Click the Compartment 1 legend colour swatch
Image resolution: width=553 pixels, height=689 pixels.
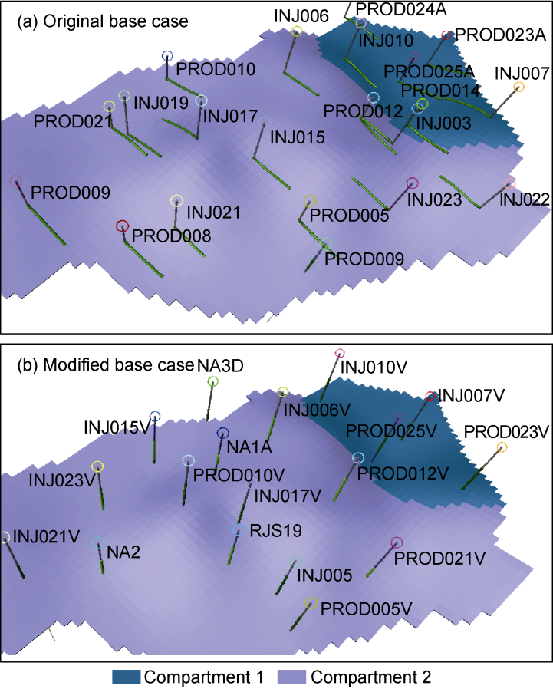tap(127, 677)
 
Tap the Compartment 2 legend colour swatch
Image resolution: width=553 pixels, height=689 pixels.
tap(291, 677)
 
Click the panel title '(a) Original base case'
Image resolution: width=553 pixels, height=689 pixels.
tap(102, 21)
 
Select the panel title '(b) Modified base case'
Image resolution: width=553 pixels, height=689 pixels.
tap(105, 365)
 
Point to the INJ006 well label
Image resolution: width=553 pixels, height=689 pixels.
tap(301, 16)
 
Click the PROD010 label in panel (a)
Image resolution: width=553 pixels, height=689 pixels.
tap(216, 69)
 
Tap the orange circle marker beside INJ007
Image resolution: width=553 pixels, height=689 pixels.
tap(518, 87)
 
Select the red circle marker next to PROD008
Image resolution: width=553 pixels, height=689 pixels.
tap(122, 226)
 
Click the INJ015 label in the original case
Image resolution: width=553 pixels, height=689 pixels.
tap(298, 137)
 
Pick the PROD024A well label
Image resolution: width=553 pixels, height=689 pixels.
tap(401, 9)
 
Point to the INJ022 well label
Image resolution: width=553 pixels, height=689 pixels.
tap(525, 199)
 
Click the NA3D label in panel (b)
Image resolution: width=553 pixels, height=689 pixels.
tap(220, 365)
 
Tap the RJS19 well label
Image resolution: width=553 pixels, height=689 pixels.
tap(276, 531)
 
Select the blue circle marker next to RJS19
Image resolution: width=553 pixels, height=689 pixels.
tap(239, 530)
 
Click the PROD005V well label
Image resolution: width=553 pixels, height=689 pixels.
tap(367, 609)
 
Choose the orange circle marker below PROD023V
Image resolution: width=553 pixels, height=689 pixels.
tap(502, 448)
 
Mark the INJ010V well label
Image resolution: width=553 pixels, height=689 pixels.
tap(374, 367)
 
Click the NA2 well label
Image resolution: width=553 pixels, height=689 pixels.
tap(123, 552)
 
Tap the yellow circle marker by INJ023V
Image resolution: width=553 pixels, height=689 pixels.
tap(97, 466)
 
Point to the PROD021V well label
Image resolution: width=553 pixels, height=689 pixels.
tap(439, 559)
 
